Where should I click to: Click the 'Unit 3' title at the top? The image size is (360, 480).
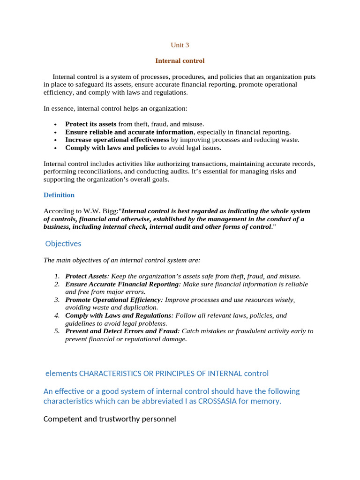[x=180, y=45]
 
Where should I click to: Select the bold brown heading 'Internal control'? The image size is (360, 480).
[x=180, y=61]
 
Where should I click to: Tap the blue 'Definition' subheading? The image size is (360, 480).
[x=59, y=195]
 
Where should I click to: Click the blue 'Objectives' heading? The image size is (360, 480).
[x=63, y=244]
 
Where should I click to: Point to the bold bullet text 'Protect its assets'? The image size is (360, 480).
[x=90, y=124]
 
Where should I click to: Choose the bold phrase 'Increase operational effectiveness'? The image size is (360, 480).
[x=117, y=140]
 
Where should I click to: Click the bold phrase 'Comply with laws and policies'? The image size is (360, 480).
[x=112, y=148]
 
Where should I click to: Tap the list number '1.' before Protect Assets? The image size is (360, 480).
[x=57, y=276]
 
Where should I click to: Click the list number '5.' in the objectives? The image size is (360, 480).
[x=57, y=331]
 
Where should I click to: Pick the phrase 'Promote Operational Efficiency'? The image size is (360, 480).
[x=113, y=300]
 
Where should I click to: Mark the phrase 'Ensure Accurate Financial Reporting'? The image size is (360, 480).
[x=122, y=284]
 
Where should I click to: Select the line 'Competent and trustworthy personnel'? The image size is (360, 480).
[x=110, y=419]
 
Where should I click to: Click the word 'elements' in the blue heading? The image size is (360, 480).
[x=61, y=374]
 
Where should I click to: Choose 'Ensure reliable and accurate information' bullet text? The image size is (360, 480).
[x=129, y=132]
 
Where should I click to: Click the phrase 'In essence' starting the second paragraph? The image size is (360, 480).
[x=59, y=108]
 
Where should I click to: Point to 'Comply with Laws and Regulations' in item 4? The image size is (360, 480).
[x=119, y=315]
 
